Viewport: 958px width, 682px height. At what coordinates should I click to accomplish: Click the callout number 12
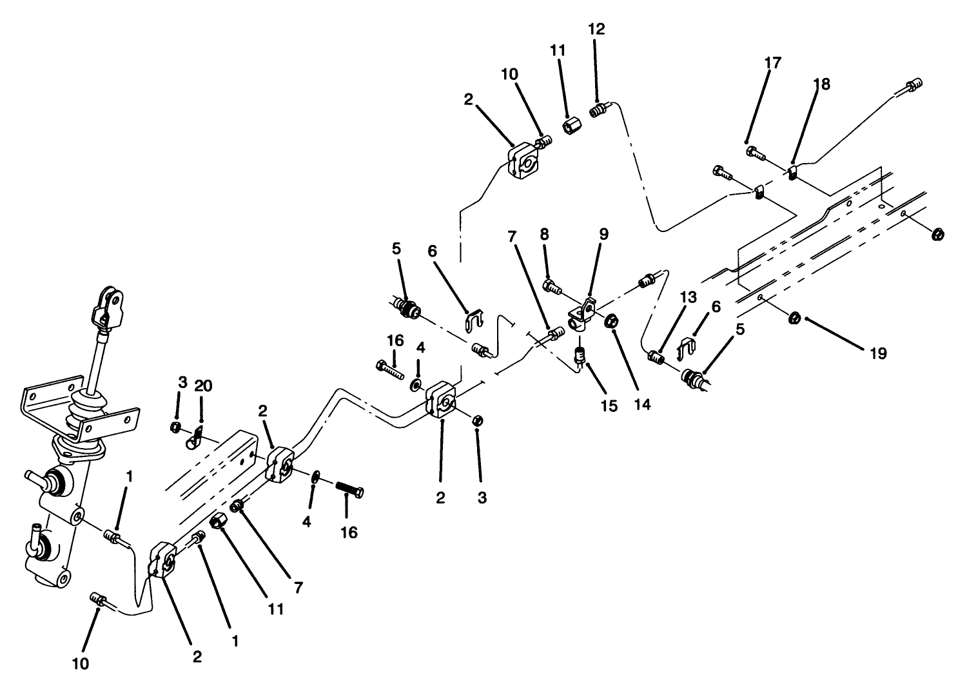[596, 29]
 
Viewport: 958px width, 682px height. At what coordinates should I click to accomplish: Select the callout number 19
[877, 353]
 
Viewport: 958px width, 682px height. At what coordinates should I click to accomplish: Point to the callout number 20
[202, 385]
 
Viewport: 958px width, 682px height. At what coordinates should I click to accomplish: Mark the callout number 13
[688, 297]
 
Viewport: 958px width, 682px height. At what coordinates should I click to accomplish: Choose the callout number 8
[544, 234]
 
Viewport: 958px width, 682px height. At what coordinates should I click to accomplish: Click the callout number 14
[642, 404]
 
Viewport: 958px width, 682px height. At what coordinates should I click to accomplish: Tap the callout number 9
[603, 234]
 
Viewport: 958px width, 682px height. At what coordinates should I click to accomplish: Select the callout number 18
[821, 84]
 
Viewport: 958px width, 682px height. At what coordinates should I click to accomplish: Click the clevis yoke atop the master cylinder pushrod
[108, 307]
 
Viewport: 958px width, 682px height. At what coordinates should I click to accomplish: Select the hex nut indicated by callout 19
[795, 317]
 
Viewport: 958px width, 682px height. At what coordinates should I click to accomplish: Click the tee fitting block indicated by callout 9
[580, 314]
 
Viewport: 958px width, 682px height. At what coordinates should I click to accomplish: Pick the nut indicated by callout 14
[612, 319]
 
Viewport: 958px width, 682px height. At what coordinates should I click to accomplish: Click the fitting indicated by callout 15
[580, 356]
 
